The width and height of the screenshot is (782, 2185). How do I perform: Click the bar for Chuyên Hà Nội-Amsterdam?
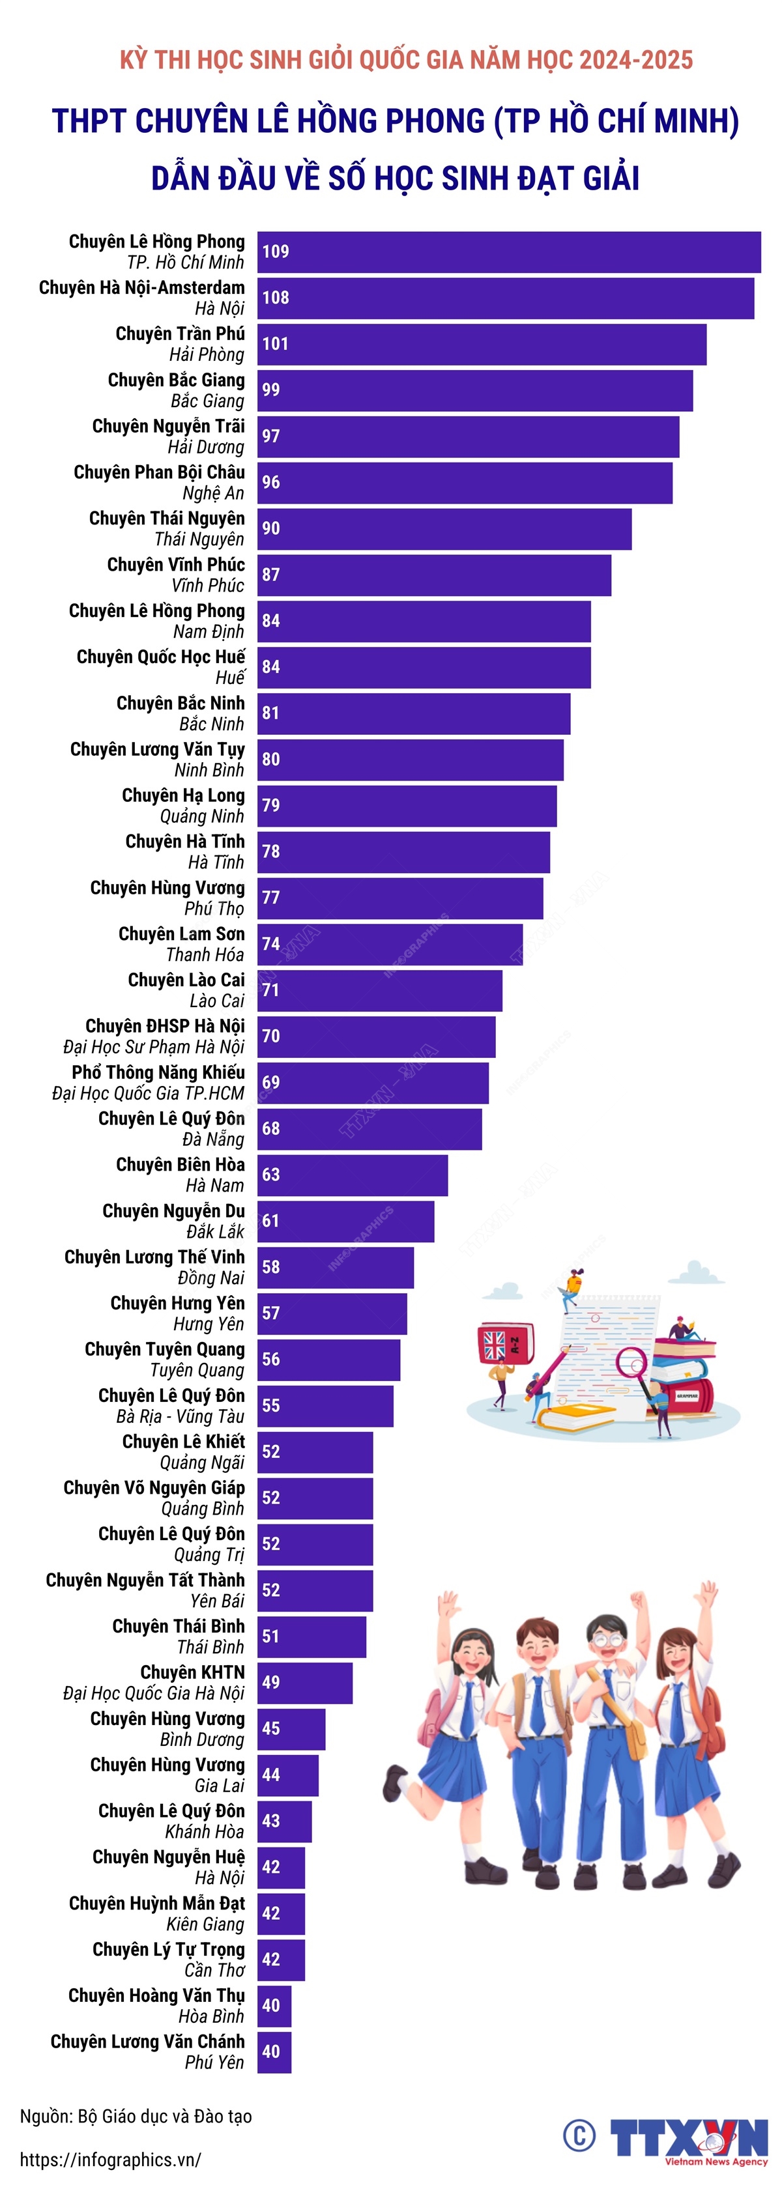point(506,298)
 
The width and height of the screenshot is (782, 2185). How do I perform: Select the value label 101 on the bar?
point(276,343)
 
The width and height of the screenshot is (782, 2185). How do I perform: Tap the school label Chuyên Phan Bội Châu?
point(160,472)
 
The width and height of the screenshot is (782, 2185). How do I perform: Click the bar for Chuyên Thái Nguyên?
point(444,528)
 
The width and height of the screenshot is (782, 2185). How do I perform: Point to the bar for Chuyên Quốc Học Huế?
point(424,666)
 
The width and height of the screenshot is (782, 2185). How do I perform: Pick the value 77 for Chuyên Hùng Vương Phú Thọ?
point(270,898)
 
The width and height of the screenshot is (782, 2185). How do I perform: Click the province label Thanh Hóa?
point(205,955)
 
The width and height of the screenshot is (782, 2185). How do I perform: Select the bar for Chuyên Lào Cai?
point(380,990)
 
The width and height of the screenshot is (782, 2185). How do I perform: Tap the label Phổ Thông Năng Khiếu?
point(158,1072)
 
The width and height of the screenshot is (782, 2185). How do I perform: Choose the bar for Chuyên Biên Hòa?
point(353,1175)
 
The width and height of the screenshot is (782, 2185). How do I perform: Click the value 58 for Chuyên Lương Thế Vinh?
point(270,1266)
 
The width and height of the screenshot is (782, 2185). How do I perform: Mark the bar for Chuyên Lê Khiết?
point(315,1451)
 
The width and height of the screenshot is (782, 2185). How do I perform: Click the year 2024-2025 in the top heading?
point(636,60)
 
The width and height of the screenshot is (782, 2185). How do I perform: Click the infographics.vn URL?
point(110,2159)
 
